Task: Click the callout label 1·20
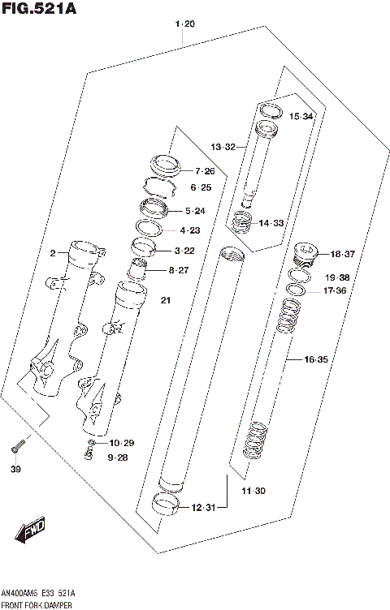coord(185,24)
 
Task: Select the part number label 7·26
coord(204,171)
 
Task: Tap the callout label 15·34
coord(301,117)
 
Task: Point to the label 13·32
coord(223,147)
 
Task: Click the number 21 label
coord(166,302)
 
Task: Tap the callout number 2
coord(52,253)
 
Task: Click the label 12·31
coord(204,507)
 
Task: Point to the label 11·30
coord(253,491)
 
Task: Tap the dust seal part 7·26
coord(165,165)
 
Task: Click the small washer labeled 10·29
coord(93,443)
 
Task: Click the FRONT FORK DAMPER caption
coord(37,604)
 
